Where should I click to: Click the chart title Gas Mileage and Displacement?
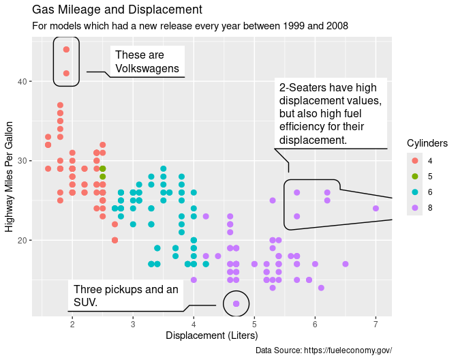117,10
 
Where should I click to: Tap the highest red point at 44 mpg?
66,49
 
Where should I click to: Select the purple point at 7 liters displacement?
376,209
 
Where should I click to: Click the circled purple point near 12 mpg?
236,303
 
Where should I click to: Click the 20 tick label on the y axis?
22,240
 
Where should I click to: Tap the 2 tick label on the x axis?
72,324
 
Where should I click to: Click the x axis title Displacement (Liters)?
211,335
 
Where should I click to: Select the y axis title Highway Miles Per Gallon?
10,177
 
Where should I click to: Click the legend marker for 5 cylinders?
414,176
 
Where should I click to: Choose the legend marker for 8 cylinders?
414,207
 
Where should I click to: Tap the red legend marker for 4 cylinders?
414,160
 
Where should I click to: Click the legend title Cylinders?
427,143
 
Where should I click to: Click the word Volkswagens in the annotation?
147,68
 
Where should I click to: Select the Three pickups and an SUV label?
125,295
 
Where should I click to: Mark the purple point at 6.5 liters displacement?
346,264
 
